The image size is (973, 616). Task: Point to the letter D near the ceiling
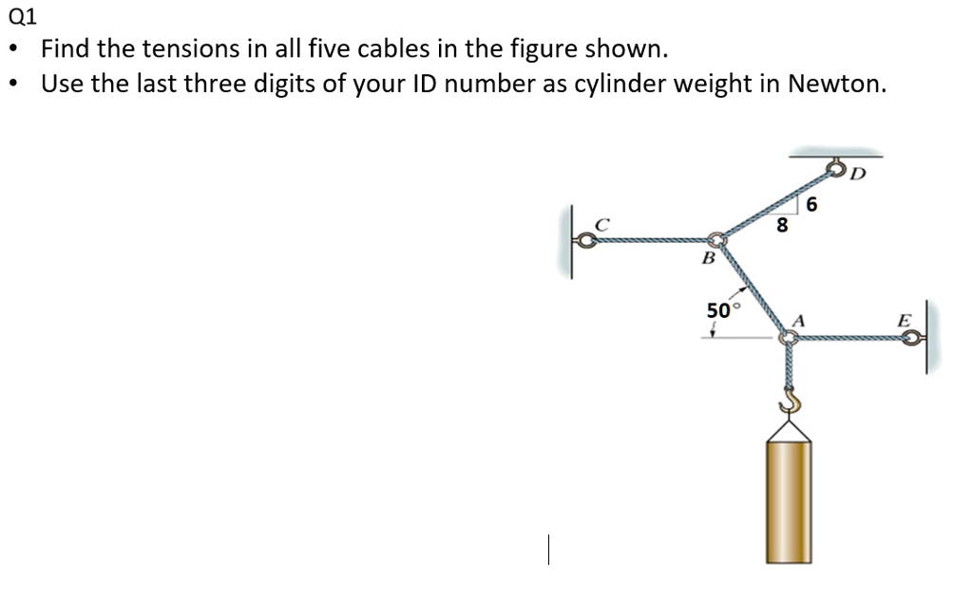[x=859, y=173]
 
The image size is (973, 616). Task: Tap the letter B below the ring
[x=707, y=257]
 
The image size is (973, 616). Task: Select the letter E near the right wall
[x=904, y=322]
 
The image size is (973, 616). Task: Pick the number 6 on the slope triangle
[x=811, y=204]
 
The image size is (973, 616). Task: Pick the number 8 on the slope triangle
[x=781, y=226]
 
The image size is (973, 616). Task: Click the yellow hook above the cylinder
[x=789, y=404]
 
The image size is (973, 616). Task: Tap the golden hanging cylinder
[x=789, y=498]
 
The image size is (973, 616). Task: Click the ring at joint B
[x=717, y=241]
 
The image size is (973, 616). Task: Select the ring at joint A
[x=787, y=337]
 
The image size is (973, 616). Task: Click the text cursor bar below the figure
[x=548, y=549]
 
